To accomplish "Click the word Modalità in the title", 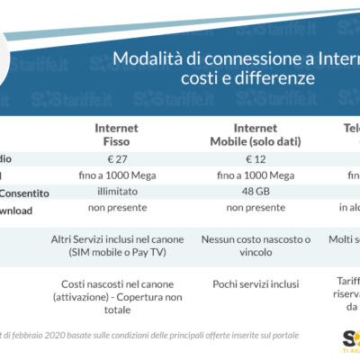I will coord(140,58).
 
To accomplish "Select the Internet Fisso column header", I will coord(116,134).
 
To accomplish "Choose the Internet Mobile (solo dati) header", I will coord(255,134).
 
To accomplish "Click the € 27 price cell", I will coord(116,159).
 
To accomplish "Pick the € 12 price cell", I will coord(255,159).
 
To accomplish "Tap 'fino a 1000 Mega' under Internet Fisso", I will coord(116,175).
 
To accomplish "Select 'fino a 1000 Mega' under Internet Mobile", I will coord(255,175).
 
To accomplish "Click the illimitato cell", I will coord(116,192).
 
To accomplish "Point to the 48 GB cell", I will coord(255,192).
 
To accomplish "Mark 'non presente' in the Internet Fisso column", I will coord(116,208).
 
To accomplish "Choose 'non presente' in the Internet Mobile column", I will coord(255,208).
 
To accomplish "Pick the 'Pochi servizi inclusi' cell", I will coord(255,284).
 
